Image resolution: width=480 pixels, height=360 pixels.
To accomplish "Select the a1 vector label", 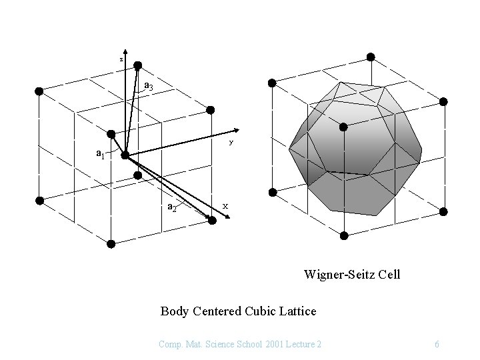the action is click(100, 154).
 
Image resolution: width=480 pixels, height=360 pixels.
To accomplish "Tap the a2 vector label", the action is click(171, 207).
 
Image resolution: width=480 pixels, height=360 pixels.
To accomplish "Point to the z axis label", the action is click(121, 59).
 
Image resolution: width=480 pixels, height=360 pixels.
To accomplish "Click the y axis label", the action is click(231, 142).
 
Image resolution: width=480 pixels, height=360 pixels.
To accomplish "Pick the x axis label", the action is click(225, 206).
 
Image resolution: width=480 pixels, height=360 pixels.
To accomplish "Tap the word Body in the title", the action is click(175, 311).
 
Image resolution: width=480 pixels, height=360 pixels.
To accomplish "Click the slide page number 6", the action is click(436, 344).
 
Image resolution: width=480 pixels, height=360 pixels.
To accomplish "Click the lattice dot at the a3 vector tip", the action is click(138, 65).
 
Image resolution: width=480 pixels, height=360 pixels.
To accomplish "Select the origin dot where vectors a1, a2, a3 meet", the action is click(125, 155).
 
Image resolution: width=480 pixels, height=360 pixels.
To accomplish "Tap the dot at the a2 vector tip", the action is click(212, 220).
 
